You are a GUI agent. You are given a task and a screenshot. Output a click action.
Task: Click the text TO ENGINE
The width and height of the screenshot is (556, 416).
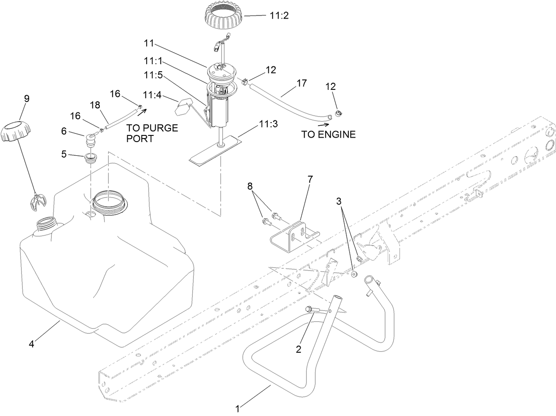pos(328,134)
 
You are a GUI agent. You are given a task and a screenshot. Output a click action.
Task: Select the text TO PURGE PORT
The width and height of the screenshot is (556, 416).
pos(152,133)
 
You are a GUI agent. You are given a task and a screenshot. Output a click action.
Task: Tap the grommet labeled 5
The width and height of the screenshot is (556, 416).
pos(91,158)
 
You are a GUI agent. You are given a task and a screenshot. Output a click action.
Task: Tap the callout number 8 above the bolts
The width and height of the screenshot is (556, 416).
pos(251,187)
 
